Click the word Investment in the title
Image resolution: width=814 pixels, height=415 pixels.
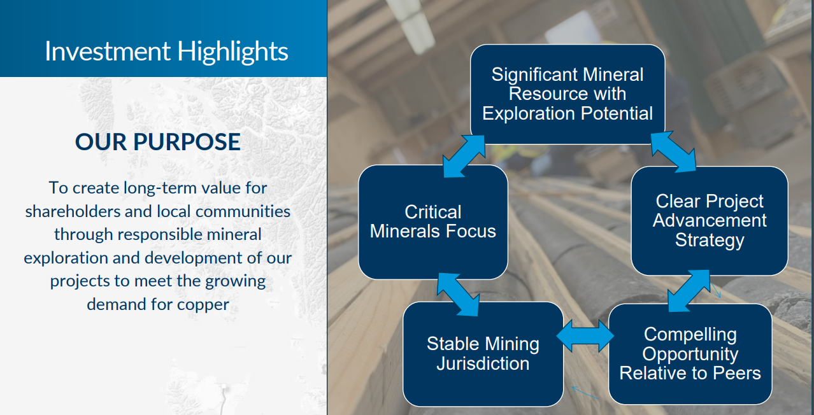coord(108,51)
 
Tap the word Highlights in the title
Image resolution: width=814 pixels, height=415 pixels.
coord(232,52)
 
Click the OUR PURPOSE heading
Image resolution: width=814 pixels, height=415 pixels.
coord(158,141)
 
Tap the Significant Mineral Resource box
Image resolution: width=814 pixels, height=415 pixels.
coord(568,94)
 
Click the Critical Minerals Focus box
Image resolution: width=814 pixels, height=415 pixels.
coord(433,222)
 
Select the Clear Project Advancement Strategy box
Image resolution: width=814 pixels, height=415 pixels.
coord(710,221)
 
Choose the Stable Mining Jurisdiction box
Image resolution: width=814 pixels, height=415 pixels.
coord(483,354)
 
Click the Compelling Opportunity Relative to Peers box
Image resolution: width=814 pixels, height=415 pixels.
coord(690,354)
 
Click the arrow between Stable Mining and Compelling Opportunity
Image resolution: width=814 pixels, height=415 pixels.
coord(585,336)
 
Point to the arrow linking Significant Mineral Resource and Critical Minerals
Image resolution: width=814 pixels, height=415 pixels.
coord(464,156)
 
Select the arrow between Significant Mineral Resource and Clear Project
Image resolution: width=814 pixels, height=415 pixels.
coord(673,151)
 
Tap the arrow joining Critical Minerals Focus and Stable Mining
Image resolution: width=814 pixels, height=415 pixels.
coord(458,295)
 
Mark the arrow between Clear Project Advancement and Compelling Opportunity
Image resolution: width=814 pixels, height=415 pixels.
coord(689,291)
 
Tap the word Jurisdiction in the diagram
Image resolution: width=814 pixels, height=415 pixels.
coord(483,363)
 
